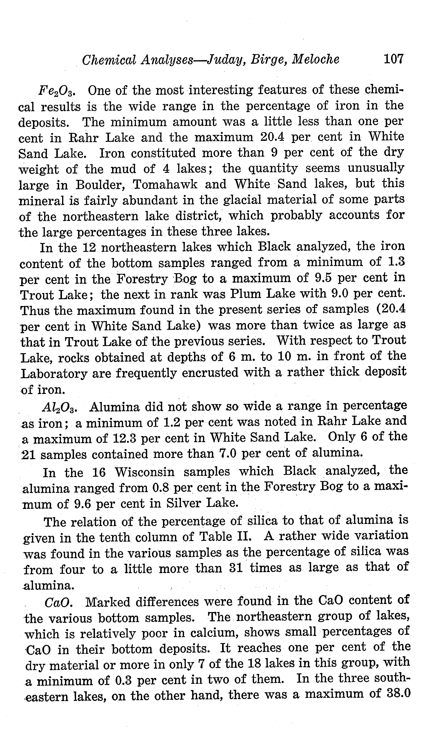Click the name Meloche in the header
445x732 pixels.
point(316,60)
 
